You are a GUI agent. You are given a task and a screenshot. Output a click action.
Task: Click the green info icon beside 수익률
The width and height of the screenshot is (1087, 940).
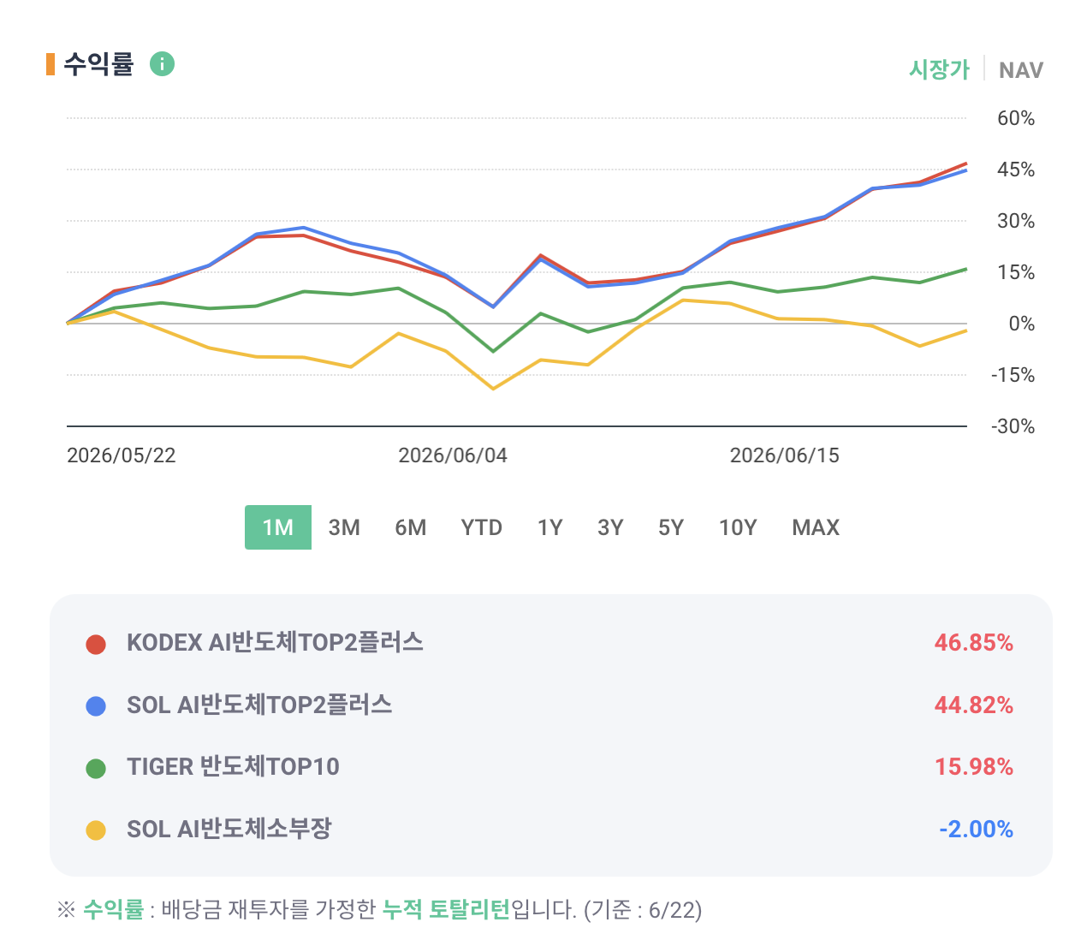point(162,63)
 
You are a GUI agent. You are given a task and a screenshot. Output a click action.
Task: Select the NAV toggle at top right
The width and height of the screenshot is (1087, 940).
point(1020,70)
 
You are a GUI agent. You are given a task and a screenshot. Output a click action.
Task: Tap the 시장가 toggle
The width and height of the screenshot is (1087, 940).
point(939,69)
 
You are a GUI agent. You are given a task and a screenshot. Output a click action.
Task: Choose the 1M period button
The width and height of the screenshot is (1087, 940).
point(277,527)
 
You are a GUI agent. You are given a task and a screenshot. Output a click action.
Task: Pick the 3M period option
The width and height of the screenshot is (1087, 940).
point(344,527)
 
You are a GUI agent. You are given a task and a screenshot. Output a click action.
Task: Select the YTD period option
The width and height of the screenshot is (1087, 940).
point(481,527)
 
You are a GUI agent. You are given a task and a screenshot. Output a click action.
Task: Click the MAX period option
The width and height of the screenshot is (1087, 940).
point(815,527)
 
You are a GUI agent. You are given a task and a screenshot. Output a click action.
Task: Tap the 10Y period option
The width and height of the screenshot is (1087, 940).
point(737,527)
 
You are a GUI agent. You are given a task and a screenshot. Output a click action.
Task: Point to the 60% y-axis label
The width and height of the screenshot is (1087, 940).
point(1015,118)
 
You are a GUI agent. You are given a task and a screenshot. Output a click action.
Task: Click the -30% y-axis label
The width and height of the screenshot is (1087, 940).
point(1013,426)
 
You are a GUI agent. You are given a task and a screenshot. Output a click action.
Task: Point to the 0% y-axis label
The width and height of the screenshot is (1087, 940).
point(1021,324)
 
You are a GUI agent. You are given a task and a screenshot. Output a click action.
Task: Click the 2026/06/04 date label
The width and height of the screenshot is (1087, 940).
point(452,455)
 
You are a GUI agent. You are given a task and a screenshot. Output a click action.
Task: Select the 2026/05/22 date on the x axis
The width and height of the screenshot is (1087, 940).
point(121,455)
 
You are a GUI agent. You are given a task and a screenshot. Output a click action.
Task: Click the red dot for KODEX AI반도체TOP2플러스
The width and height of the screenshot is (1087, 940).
point(96,644)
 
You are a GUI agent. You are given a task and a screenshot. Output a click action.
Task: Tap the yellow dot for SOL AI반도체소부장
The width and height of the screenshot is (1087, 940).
point(96,830)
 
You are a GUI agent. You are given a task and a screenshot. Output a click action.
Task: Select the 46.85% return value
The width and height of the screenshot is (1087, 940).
point(973,643)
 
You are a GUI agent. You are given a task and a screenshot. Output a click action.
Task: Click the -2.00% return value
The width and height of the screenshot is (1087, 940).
point(976,829)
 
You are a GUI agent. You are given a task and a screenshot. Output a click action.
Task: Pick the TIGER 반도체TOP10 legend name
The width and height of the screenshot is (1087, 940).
point(233,766)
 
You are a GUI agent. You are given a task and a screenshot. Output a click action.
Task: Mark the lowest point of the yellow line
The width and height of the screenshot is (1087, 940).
point(493,390)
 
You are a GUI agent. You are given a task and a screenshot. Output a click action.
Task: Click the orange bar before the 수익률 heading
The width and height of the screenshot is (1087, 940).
point(50,64)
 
